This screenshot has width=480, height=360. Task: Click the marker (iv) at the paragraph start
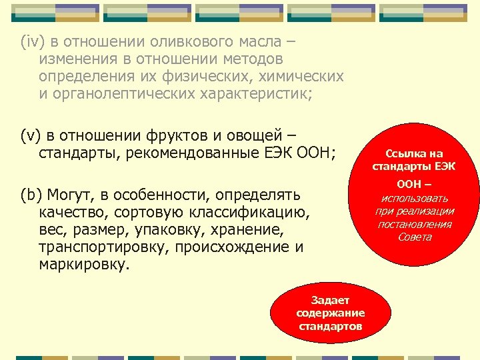point(31,42)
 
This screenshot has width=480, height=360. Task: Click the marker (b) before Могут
point(31,195)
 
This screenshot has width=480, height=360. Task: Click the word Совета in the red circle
point(415,237)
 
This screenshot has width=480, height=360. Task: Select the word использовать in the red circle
point(415,198)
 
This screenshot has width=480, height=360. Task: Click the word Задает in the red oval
point(330,300)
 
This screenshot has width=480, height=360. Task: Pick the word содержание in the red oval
point(330,313)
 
